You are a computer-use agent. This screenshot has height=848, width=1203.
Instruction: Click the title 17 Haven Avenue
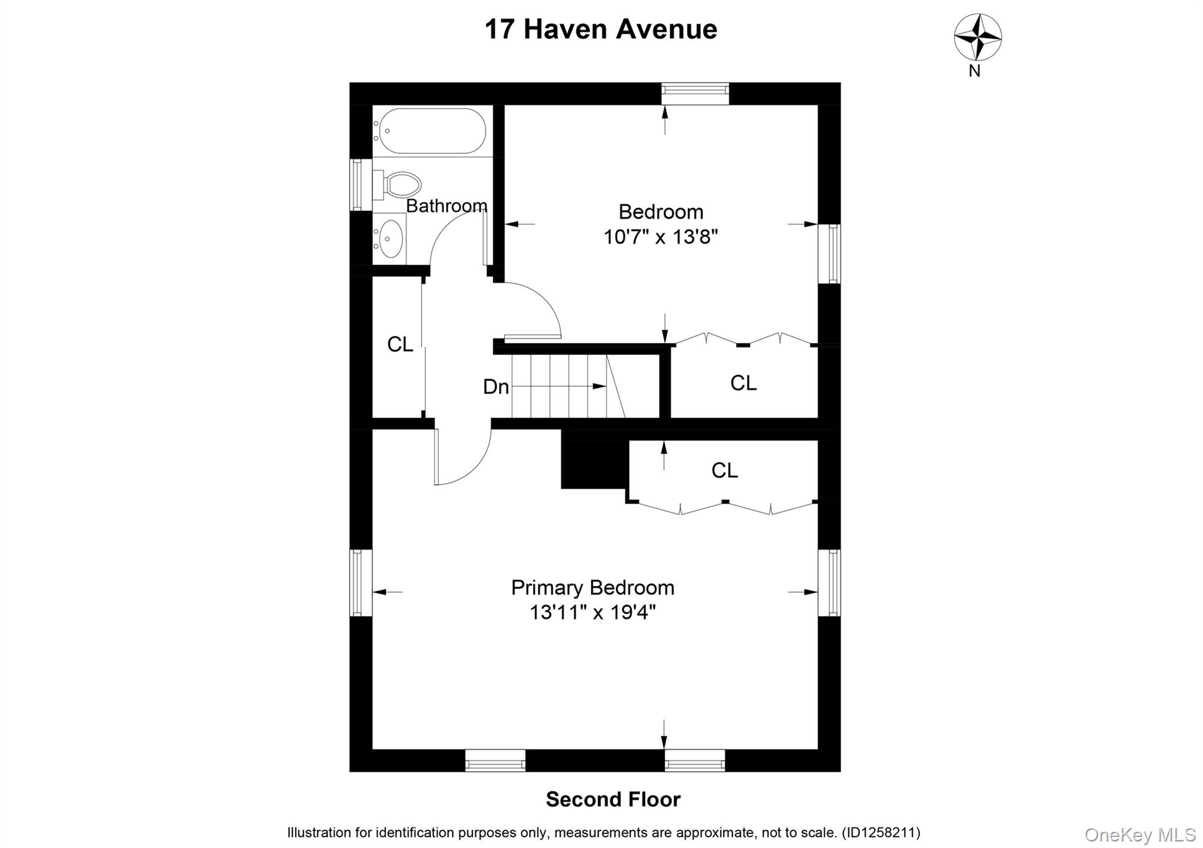click(600, 29)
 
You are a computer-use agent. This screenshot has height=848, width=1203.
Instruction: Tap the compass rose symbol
click(977, 37)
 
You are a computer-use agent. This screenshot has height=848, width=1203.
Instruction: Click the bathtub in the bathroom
click(432, 130)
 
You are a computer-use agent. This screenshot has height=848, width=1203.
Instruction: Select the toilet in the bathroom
click(399, 184)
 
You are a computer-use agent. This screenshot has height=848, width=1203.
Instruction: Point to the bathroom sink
click(389, 239)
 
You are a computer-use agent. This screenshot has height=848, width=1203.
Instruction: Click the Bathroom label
click(446, 206)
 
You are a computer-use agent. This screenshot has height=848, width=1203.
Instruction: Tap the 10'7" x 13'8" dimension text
click(661, 237)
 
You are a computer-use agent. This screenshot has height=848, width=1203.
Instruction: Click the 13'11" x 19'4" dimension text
click(593, 612)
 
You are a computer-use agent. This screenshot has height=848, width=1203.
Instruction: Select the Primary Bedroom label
click(593, 587)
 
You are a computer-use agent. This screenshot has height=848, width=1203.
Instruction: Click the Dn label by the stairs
click(496, 387)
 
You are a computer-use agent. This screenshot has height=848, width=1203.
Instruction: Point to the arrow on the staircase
click(598, 386)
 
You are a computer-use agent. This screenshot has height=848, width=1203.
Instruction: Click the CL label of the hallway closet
click(400, 344)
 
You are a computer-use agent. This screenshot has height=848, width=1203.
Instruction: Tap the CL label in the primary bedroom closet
click(724, 470)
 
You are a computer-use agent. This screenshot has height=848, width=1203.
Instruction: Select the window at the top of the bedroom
click(695, 93)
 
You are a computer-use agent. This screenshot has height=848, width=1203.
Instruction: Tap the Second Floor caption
click(613, 799)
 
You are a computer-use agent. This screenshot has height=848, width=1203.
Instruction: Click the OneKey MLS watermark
click(1140, 834)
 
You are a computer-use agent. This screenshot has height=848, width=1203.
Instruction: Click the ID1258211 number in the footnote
click(881, 833)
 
